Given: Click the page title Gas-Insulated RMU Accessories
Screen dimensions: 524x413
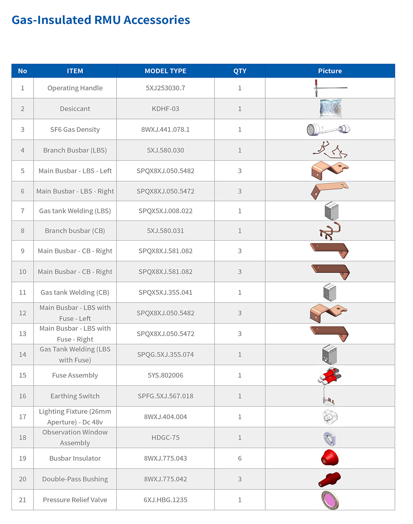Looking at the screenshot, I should [x=101, y=20].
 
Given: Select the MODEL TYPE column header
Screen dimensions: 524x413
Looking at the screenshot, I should [x=165, y=71].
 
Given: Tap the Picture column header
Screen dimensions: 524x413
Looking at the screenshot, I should [x=330, y=71].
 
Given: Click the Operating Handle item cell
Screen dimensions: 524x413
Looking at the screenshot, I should [x=75, y=88].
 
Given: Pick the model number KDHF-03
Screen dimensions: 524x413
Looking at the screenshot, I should [x=165, y=109].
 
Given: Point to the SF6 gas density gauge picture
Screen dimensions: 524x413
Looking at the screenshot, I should [x=329, y=129].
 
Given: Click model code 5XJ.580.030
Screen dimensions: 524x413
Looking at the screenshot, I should [x=165, y=150].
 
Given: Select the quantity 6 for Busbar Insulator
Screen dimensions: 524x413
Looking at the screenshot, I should [x=240, y=458].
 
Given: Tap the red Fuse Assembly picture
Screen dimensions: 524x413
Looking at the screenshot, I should [x=330, y=375].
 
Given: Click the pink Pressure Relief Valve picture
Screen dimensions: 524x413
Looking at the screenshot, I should [x=330, y=500].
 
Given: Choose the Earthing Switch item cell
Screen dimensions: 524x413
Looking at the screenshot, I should [x=75, y=396].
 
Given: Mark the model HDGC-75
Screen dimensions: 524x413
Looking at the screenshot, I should [x=165, y=438].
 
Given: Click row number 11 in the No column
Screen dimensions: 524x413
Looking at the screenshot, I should [x=23, y=292].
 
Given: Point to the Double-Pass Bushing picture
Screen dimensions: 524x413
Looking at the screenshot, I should [x=330, y=479].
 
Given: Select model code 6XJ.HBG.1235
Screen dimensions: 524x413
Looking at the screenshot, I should [x=165, y=500].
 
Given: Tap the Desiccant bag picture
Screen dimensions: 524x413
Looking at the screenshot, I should [x=330, y=109].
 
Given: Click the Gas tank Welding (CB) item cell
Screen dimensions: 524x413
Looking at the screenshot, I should [x=75, y=292].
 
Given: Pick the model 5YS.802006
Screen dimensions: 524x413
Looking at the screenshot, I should [x=165, y=375].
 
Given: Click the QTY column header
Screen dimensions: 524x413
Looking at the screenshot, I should [x=240, y=71].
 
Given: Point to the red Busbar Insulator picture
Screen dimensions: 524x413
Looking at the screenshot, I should [x=330, y=458].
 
